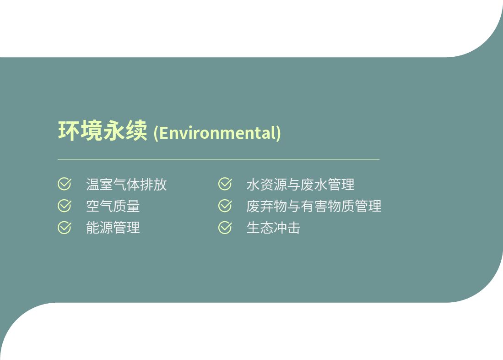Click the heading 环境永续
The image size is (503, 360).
click(103, 131)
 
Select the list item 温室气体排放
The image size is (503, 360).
click(126, 185)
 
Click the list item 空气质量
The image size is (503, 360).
click(113, 206)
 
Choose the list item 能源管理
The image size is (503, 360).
click(113, 228)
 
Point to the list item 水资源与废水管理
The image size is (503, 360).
click(301, 185)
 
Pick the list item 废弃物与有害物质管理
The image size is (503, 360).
click(314, 206)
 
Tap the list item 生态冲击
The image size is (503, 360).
click(273, 228)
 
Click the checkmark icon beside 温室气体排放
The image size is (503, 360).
click(65, 184)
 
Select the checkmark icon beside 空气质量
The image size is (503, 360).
click(65, 206)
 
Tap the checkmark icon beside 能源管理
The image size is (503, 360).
click(65, 227)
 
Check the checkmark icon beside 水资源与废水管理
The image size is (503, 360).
click(225, 184)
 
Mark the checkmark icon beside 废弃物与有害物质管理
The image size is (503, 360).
click(225, 206)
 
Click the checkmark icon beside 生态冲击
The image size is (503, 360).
click(225, 227)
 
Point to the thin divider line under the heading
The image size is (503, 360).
click(218, 159)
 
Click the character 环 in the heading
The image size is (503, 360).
click(69, 131)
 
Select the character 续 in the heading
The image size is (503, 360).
click(136, 131)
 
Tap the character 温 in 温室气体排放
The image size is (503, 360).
click(93, 185)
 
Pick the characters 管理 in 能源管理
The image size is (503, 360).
click(126, 228)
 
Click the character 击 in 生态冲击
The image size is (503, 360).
click(294, 228)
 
